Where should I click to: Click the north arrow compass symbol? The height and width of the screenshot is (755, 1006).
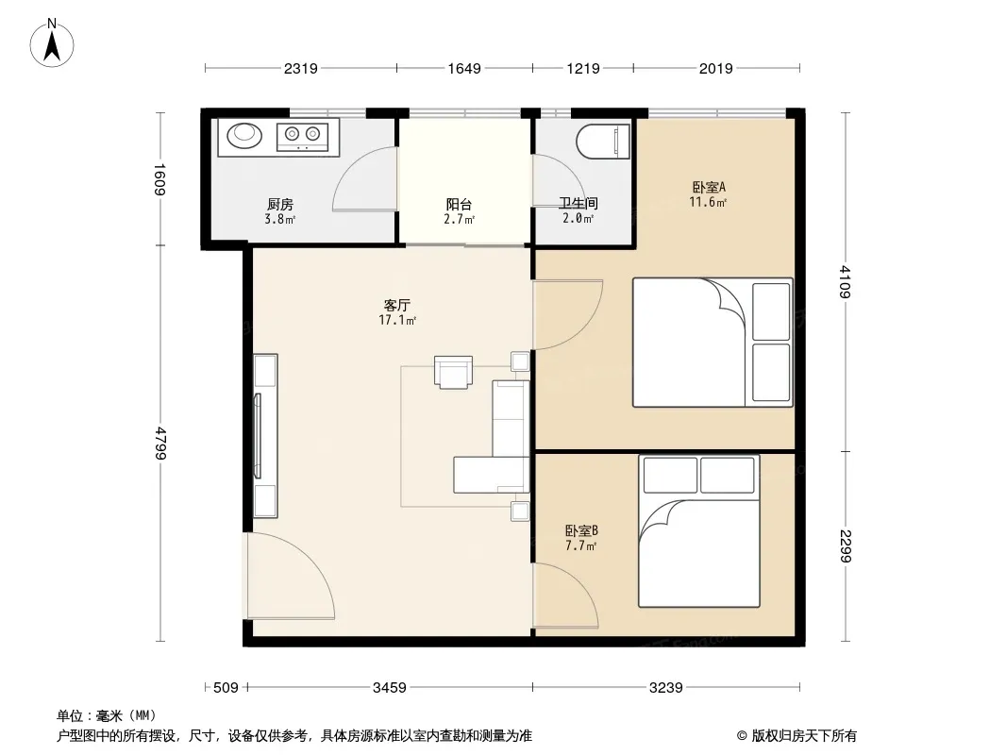(x=52, y=43)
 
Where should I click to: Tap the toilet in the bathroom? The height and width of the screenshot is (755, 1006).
(x=603, y=142)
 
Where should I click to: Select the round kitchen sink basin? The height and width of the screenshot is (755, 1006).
(x=244, y=134)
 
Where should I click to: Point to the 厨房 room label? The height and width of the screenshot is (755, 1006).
(x=280, y=204)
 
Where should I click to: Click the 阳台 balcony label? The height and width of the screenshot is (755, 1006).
(x=459, y=204)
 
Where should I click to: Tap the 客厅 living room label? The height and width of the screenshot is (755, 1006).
(x=397, y=305)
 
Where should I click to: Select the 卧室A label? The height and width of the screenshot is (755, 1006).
(x=709, y=187)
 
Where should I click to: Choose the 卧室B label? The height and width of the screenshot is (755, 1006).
(x=581, y=530)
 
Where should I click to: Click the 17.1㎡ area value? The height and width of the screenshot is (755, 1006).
(x=398, y=320)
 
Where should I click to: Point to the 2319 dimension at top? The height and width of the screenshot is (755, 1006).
(x=301, y=68)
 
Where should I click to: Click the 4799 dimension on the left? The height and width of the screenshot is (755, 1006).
(x=159, y=443)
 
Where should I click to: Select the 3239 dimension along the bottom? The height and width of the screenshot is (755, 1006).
(x=666, y=688)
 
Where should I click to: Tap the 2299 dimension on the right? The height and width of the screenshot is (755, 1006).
(x=845, y=545)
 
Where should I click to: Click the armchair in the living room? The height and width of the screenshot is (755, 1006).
(x=454, y=372)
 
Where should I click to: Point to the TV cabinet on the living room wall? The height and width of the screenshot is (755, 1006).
(x=265, y=436)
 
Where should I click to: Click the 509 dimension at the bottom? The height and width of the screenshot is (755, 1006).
(x=226, y=688)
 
